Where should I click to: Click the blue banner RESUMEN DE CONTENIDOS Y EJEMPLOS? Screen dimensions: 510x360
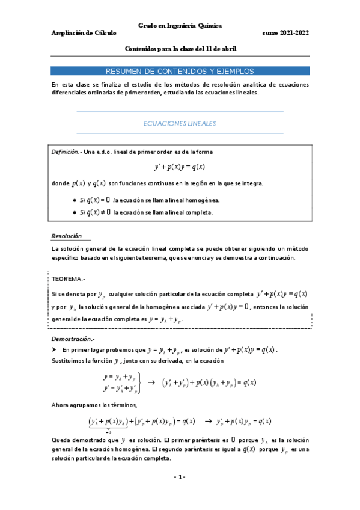pyautogui.click(x=180, y=70)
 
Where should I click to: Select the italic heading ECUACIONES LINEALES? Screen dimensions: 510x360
pyautogui.click(x=180, y=123)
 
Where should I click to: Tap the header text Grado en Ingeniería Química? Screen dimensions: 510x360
pyautogui.click(x=180, y=26)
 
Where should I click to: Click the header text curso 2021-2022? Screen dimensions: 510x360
pyautogui.click(x=285, y=34)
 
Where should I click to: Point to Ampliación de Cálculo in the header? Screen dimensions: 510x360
pyautogui.click(x=84, y=34)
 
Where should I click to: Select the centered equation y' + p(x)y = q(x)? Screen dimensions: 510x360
pyautogui.click(x=180, y=167)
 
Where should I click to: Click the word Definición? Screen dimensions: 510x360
pyautogui.click(x=67, y=152)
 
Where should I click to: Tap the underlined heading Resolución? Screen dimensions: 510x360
pyautogui.click(x=66, y=236)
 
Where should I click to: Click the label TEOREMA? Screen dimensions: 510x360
pyautogui.click(x=69, y=280)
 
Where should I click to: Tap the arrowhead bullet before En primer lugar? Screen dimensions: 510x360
pyautogui.click(x=54, y=349)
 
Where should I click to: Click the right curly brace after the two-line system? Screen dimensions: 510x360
pyautogui.click(x=139, y=382)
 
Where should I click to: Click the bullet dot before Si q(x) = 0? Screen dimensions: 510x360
pyautogui.click(x=73, y=200)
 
